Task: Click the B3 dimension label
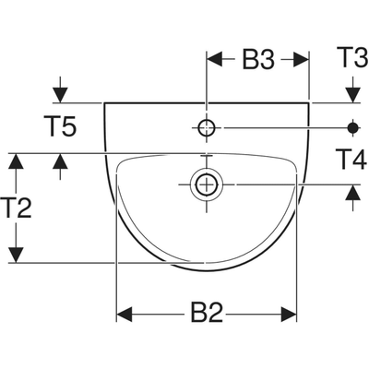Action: click(x=258, y=59)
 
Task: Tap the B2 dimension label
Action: click(x=207, y=314)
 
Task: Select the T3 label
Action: click(x=352, y=57)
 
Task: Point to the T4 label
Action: click(x=351, y=159)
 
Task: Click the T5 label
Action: click(x=60, y=126)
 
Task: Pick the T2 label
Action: click(x=16, y=208)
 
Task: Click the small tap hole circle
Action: click(x=207, y=127)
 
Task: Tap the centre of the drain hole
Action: click(x=206, y=184)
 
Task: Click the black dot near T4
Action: click(x=353, y=127)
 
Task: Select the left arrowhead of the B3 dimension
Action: click(x=215, y=59)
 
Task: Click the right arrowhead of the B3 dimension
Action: click(x=301, y=59)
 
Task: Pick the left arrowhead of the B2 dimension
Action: click(x=125, y=314)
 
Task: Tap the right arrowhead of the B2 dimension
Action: click(x=289, y=314)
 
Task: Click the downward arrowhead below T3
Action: click(x=352, y=95)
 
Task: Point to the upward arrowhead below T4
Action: click(x=352, y=193)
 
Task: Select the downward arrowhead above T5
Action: click(x=60, y=95)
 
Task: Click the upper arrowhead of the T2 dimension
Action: click(x=16, y=161)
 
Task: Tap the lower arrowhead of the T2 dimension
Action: click(x=16, y=255)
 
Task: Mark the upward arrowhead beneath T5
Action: click(x=60, y=161)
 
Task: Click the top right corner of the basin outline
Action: click(x=308, y=102)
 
